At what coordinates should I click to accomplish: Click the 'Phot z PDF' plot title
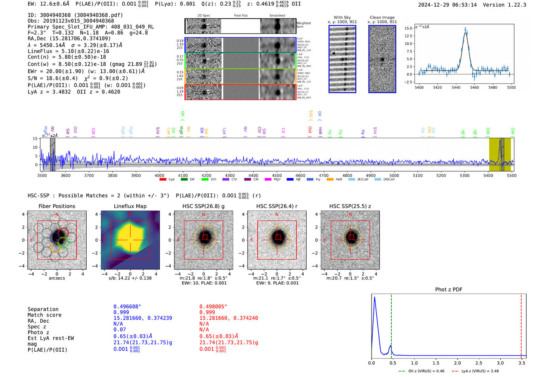(449, 289)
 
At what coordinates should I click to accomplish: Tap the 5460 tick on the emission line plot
(474, 87)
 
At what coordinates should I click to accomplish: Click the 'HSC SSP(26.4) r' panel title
(277, 206)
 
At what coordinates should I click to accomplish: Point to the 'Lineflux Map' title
(130, 206)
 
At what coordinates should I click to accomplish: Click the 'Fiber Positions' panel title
(57, 206)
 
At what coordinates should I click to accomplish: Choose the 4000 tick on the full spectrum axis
(159, 176)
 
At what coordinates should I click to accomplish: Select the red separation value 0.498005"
(213, 307)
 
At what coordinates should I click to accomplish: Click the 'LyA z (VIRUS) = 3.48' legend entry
(480, 371)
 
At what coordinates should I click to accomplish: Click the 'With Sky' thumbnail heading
(342, 17)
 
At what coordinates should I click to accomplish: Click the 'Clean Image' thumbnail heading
(382, 17)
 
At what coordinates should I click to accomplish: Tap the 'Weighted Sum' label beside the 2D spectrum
(304, 25)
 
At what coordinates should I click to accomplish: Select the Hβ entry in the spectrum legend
(298, 180)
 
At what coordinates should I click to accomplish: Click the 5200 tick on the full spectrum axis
(441, 176)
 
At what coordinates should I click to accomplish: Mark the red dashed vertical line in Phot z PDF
(521, 324)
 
